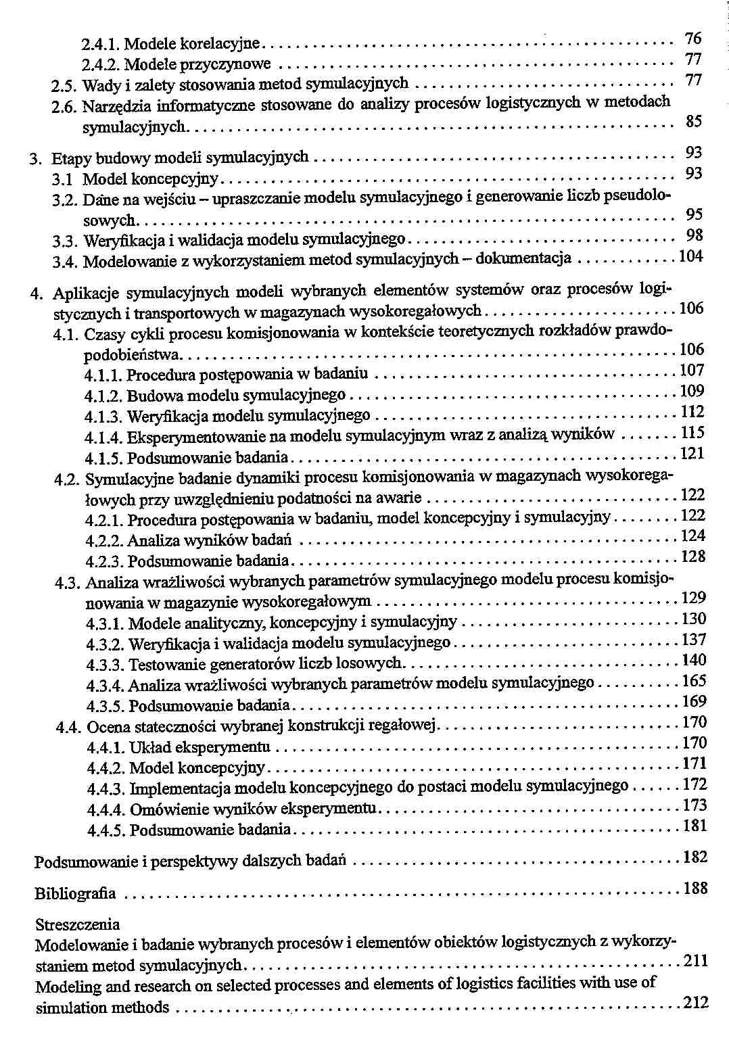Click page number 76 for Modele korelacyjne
coord(693,38)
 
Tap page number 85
coord(694,122)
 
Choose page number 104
coord(691,256)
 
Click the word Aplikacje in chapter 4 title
coord(86,293)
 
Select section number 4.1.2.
coord(103,396)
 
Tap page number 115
coord(693,432)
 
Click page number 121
coord(693,453)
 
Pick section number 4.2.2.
coord(104,541)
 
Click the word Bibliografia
coord(75,893)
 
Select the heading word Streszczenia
coord(78,924)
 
